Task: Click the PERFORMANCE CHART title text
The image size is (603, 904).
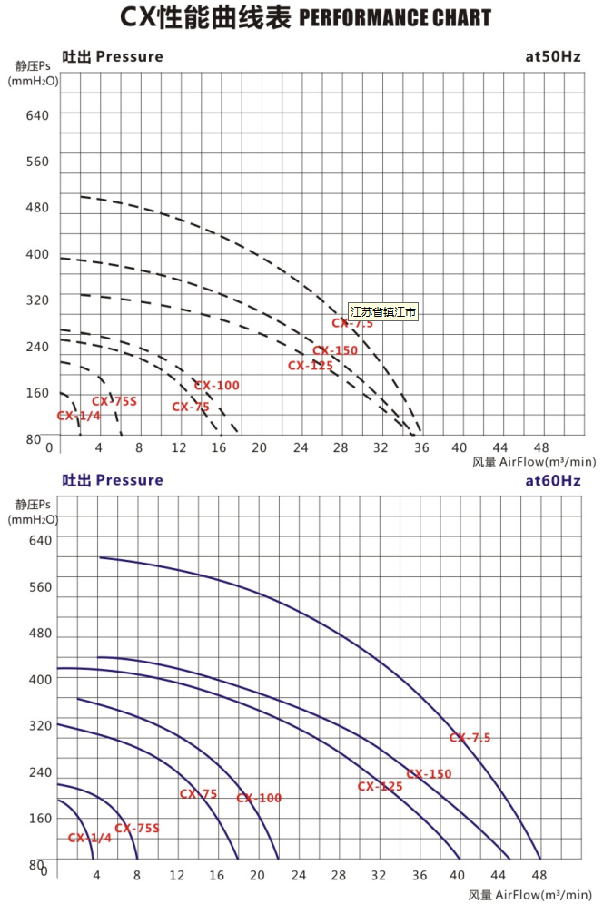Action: (394, 17)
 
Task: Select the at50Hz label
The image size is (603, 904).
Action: (552, 56)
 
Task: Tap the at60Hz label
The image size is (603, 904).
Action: (552, 480)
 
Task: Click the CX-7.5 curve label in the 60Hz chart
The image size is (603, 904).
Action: (470, 738)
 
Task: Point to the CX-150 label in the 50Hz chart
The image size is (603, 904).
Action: (335, 350)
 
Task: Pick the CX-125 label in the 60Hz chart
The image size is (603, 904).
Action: (380, 786)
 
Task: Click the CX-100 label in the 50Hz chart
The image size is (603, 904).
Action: (217, 386)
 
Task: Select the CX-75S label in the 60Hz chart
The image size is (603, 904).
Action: (136, 828)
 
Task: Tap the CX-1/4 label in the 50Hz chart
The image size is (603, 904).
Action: (78, 416)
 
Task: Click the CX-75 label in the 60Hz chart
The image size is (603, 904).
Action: (198, 794)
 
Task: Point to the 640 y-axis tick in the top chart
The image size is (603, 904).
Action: (37, 114)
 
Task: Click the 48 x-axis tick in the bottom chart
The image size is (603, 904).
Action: (539, 875)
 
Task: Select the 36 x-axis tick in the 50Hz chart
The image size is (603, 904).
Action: (420, 447)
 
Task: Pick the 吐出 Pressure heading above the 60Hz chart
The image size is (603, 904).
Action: (112, 480)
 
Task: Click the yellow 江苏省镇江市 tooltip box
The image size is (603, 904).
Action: (383, 311)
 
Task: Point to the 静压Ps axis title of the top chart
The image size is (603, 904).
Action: (33, 65)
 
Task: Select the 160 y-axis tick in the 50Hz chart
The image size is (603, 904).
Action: (37, 393)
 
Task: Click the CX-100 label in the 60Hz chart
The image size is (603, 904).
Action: (259, 798)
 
